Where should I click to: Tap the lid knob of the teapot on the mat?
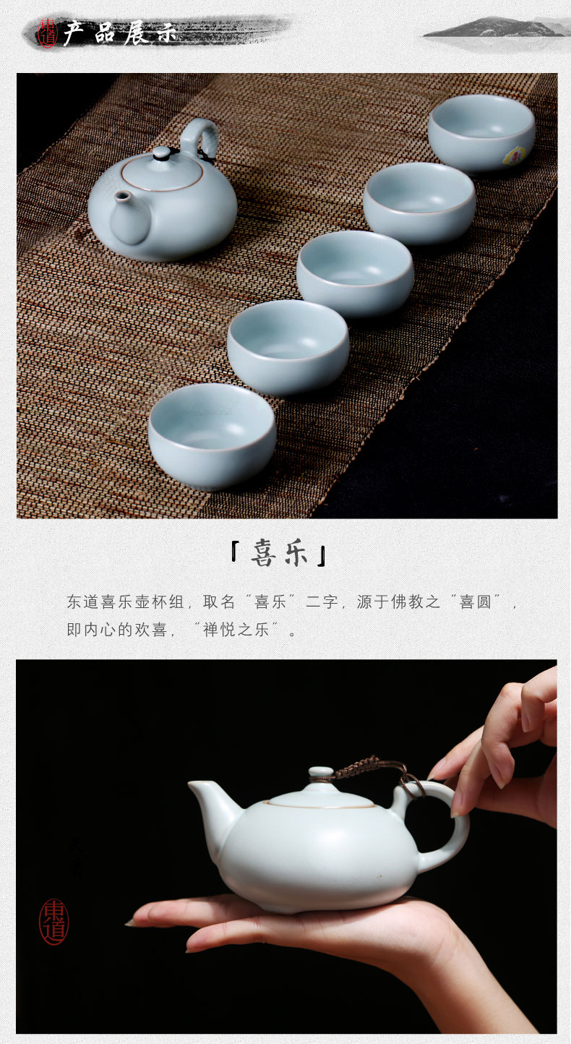pos(162,153)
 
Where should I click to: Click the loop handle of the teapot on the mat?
pos(199,137)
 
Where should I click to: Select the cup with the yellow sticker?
pos(481,133)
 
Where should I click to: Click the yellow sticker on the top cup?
pos(514,156)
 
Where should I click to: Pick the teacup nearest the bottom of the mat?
pos(212,436)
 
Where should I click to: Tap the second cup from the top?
pos(419,203)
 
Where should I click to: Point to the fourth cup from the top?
pos(288,347)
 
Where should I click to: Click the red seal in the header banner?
pos(47,33)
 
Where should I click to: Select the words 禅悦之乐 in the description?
pos(236,630)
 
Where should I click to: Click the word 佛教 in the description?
pos(407,602)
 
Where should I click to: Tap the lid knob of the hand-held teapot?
pos(322,774)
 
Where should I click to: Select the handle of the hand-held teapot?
pos(455,821)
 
